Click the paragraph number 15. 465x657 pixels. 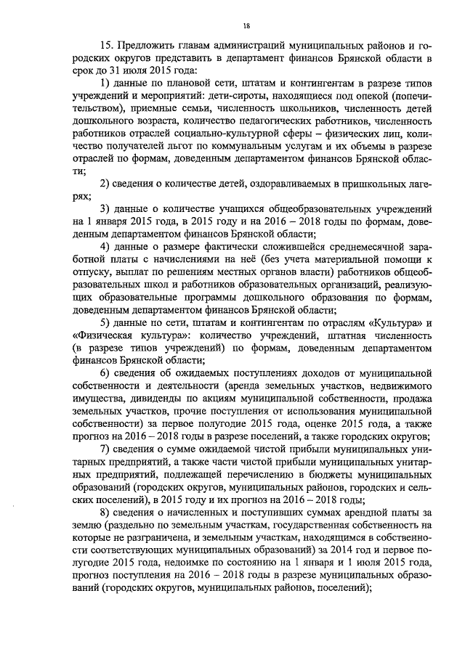click(x=107, y=46)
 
